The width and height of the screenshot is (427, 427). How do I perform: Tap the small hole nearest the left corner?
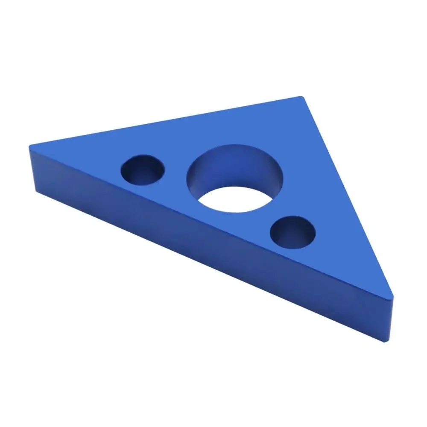click(143, 170)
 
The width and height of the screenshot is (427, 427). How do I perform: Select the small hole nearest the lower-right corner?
click(293, 233)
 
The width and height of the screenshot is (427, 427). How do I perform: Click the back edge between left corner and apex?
click(167, 122)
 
